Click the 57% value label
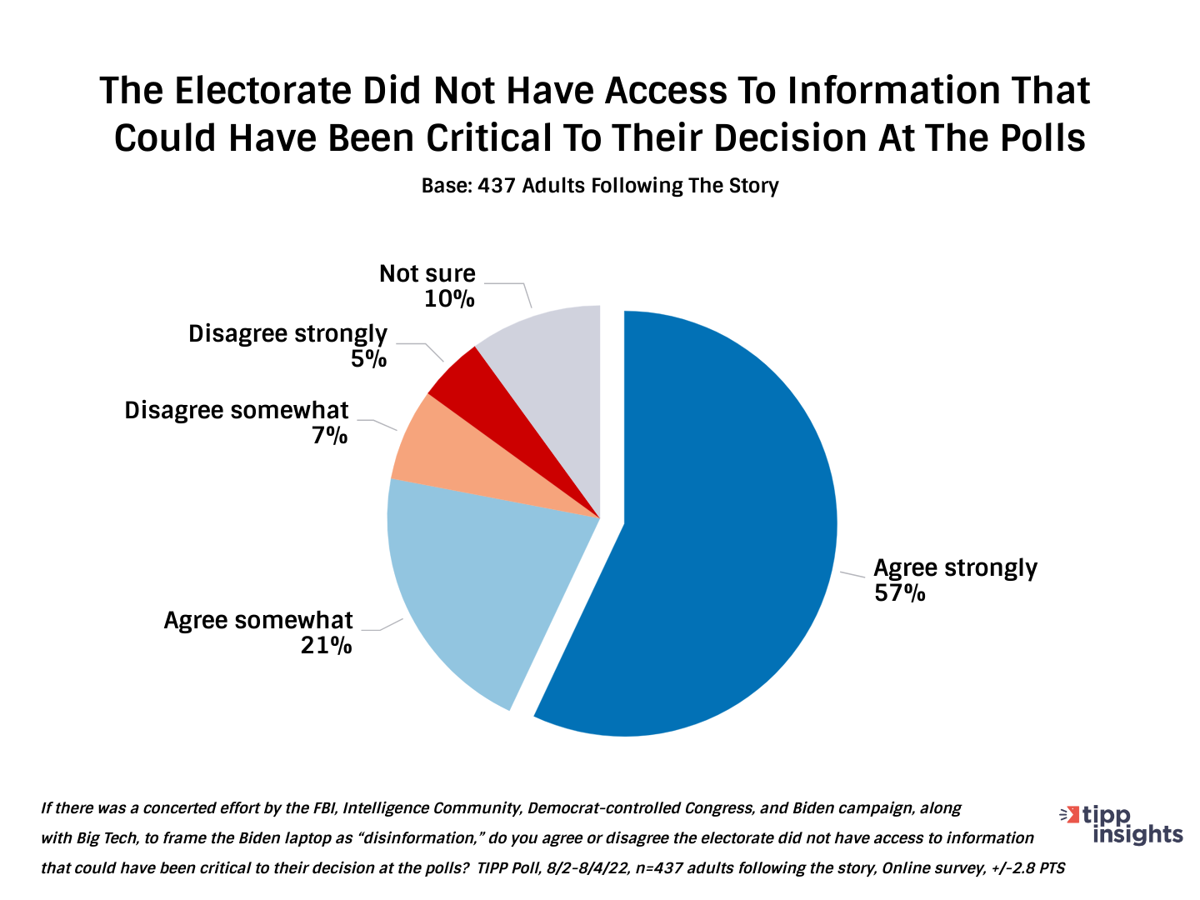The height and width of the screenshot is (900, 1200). click(899, 593)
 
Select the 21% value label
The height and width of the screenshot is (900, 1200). click(326, 645)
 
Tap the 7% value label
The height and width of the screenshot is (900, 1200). click(330, 435)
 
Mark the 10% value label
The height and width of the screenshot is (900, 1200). click(449, 298)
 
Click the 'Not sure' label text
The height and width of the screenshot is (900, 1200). click(427, 273)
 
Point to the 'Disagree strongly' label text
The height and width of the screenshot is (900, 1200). click(287, 333)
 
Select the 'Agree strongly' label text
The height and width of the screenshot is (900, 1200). click(955, 568)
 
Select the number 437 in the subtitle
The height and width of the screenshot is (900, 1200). click(497, 186)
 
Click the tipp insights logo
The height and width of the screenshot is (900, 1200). click(1121, 824)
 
